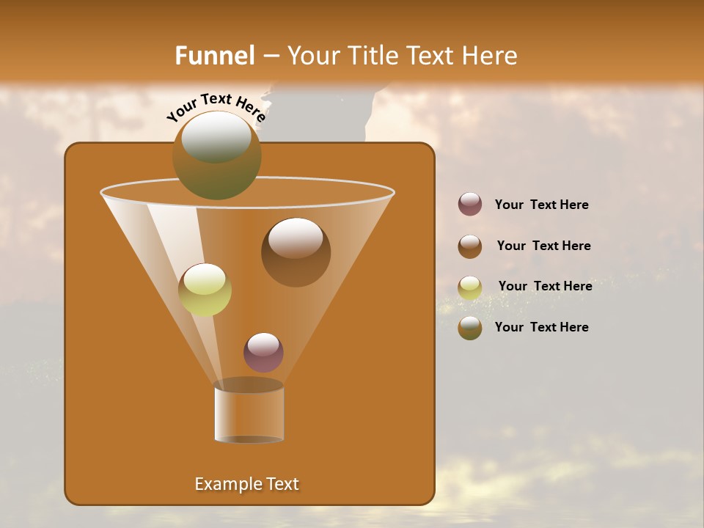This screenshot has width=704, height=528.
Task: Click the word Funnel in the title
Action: (x=214, y=56)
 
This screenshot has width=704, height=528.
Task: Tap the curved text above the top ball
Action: (x=216, y=107)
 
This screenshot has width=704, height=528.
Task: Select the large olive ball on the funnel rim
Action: (x=216, y=155)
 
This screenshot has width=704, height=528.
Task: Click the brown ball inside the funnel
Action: (x=296, y=252)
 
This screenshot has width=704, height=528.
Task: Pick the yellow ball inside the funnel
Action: (x=205, y=289)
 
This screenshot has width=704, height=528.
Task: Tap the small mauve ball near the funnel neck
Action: (x=263, y=352)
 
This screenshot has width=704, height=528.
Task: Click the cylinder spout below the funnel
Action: (x=249, y=412)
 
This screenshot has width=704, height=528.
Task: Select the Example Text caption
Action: (x=246, y=484)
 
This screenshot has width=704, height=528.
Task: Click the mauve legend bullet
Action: (x=470, y=204)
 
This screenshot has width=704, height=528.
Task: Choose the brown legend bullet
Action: (x=470, y=246)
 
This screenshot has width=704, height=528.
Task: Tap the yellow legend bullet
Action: (x=470, y=287)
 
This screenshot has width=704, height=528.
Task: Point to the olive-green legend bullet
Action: (x=470, y=328)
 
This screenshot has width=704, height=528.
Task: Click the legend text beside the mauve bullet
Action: (x=541, y=205)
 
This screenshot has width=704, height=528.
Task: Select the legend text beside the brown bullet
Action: (x=543, y=246)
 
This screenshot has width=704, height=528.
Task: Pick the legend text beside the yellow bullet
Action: (x=545, y=286)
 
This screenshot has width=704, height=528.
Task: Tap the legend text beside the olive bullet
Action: (x=541, y=327)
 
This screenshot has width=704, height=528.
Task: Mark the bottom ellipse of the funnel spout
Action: (x=249, y=439)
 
